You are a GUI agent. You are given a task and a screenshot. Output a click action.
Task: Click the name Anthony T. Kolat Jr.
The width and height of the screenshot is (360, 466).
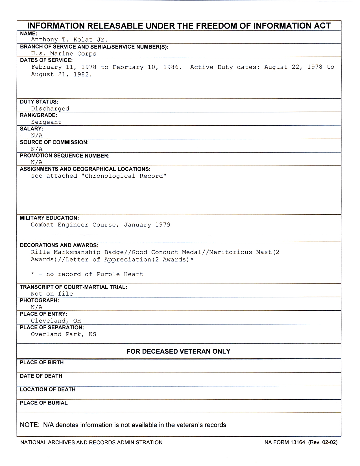coord(69,40)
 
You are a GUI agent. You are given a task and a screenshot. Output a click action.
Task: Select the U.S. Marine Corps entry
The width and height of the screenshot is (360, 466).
coord(64,54)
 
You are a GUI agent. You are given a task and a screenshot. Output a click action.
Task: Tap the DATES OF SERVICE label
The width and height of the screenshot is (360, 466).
coord(46,60)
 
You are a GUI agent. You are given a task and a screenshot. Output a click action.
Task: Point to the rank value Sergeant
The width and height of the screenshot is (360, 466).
coord(46,122)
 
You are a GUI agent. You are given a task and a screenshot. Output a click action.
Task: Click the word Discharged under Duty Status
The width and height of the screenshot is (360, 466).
coord(50,108)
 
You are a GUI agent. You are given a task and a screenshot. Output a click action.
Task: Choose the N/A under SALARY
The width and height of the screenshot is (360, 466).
coord(37,136)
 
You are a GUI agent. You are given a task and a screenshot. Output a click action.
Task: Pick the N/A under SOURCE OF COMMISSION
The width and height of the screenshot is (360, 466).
coord(37,149)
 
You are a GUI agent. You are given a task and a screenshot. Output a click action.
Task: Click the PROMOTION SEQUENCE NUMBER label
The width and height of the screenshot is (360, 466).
coord(65,156)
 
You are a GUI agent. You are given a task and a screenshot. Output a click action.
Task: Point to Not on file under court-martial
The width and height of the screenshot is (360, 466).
coord(52,294)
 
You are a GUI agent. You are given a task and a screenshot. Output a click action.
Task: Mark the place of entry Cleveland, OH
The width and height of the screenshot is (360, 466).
coord(56,321)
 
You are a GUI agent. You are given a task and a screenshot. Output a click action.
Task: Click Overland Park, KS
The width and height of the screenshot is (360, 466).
coord(63,334)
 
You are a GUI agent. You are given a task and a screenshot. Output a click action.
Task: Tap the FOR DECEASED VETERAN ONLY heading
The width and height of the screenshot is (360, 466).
coord(178,351)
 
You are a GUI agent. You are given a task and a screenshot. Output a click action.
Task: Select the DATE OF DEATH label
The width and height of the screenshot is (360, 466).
coord(41,376)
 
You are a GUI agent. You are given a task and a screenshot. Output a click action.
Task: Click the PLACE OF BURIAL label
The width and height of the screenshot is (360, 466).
coord(44,403)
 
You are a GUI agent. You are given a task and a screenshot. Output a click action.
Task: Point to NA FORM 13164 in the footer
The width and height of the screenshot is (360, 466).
coord(285,442)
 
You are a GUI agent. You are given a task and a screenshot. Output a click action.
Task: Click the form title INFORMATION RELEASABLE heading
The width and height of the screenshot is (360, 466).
coord(179,26)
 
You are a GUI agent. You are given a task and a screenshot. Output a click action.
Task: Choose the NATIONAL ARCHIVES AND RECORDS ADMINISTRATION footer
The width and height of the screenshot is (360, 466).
coord(91,442)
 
